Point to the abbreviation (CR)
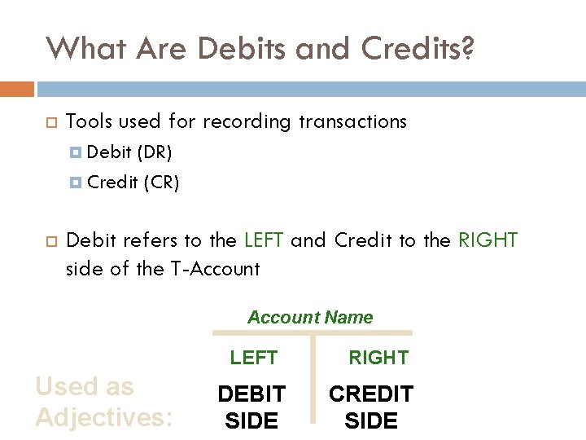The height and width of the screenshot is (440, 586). coord(160,183)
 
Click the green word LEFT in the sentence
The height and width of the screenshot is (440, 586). coord(264,240)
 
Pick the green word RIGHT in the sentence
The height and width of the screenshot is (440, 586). coord(488,240)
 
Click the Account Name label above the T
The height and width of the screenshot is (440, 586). coord(310,318)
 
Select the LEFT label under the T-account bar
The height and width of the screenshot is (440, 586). coord(253,358)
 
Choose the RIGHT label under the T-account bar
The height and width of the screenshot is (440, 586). coord(378,358)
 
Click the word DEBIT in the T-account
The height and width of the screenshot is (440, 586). coord(251,394)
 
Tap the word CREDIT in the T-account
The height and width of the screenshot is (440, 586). coord(371,394)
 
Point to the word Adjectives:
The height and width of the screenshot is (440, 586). coord(103,417)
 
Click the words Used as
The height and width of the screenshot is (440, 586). coord(85,386)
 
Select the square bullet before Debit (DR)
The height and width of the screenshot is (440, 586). coord(76,152)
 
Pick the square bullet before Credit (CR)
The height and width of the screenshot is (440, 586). coord(76,183)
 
